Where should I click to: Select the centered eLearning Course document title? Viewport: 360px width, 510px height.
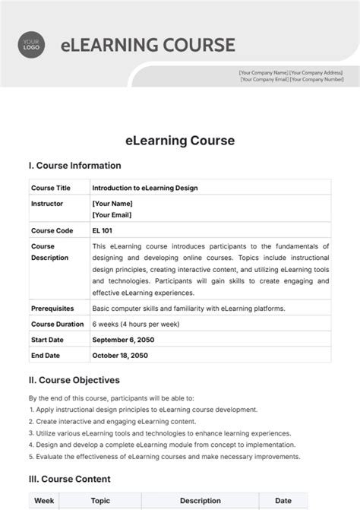point(180,141)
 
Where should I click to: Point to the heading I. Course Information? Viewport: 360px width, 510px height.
point(74,166)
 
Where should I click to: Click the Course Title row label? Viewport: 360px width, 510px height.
point(50,187)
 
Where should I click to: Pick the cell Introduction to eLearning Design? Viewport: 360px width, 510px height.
point(145,187)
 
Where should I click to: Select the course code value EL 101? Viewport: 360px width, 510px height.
point(105,230)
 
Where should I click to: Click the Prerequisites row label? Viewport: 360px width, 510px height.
point(52,309)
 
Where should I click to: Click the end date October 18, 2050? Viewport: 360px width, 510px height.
point(122,355)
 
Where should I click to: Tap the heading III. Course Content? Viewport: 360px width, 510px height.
point(69,480)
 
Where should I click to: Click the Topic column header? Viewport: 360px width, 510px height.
point(101,502)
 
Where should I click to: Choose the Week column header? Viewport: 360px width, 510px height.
point(43,502)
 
